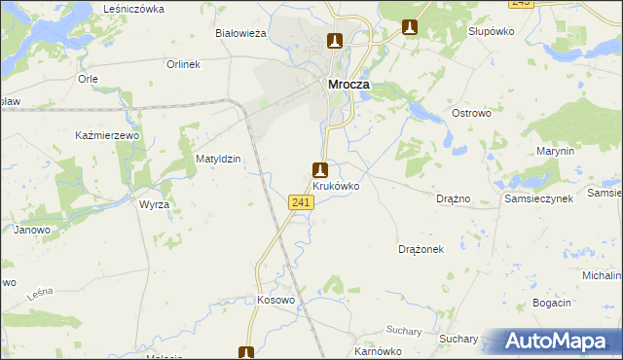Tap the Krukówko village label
point(337,185)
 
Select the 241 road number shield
point(301,201)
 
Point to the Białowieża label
point(240,32)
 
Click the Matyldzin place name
point(218,158)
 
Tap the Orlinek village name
point(182,64)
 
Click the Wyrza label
point(154,205)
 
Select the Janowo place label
point(31,230)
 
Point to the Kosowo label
point(275,300)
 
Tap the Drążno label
point(454,198)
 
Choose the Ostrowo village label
point(473,114)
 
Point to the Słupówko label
point(491,31)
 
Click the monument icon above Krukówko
point(318,168)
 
